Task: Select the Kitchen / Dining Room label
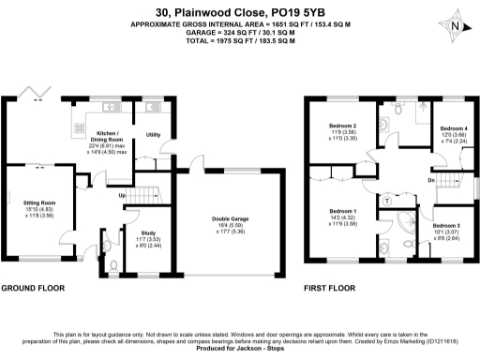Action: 102,135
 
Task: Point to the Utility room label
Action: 153,135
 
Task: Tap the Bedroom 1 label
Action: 340,212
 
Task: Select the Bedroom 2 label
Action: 342,126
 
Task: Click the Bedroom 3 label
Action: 446,226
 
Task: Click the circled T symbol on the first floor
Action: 388,201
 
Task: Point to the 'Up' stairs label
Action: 120,196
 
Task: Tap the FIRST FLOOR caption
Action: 328,289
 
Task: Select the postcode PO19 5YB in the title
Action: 292,12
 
